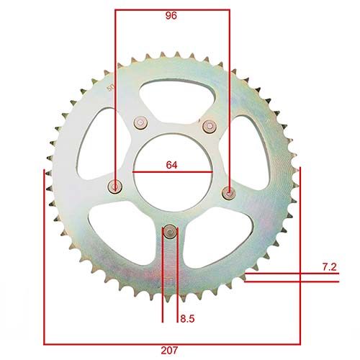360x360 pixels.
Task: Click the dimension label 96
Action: coord(171,15)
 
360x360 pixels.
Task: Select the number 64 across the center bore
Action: coord(171,165)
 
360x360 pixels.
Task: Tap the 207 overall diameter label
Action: coord(170,351)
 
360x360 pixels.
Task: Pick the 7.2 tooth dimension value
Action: coord(330,267)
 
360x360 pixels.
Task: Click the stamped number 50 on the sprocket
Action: coord(110,88)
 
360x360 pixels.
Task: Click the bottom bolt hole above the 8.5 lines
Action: coord(170,231)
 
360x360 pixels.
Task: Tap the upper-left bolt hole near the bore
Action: coord(139,123)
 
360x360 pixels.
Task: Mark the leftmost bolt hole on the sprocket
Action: coord(114,187)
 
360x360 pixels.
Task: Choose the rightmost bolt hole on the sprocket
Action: coord(228,192)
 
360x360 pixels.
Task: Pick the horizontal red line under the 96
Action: coord(171,10)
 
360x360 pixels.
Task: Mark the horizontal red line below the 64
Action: coord(171,173)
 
